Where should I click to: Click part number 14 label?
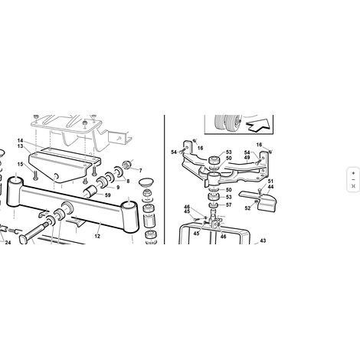click(21, 141)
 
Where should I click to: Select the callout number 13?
click(21, 146)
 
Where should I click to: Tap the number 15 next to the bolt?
click(21, 164)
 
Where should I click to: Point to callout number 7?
click(140, 171)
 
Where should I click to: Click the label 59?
click(108, 195)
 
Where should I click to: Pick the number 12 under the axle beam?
click(97, 237)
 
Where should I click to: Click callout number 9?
click(118, 188)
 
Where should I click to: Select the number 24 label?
click(8, 242)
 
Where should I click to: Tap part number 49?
click(247, 158)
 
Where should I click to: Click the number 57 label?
click(229, 205)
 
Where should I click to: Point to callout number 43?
click(263, 241)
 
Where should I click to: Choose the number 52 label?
click(247, 208)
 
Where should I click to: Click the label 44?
click(270, 187)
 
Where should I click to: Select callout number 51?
click(270, 182)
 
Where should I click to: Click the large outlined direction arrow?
click(257, 125)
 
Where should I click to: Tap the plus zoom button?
click(353, 173)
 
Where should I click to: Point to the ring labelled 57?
click(213, 205)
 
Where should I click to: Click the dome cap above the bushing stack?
click(146, 182)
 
